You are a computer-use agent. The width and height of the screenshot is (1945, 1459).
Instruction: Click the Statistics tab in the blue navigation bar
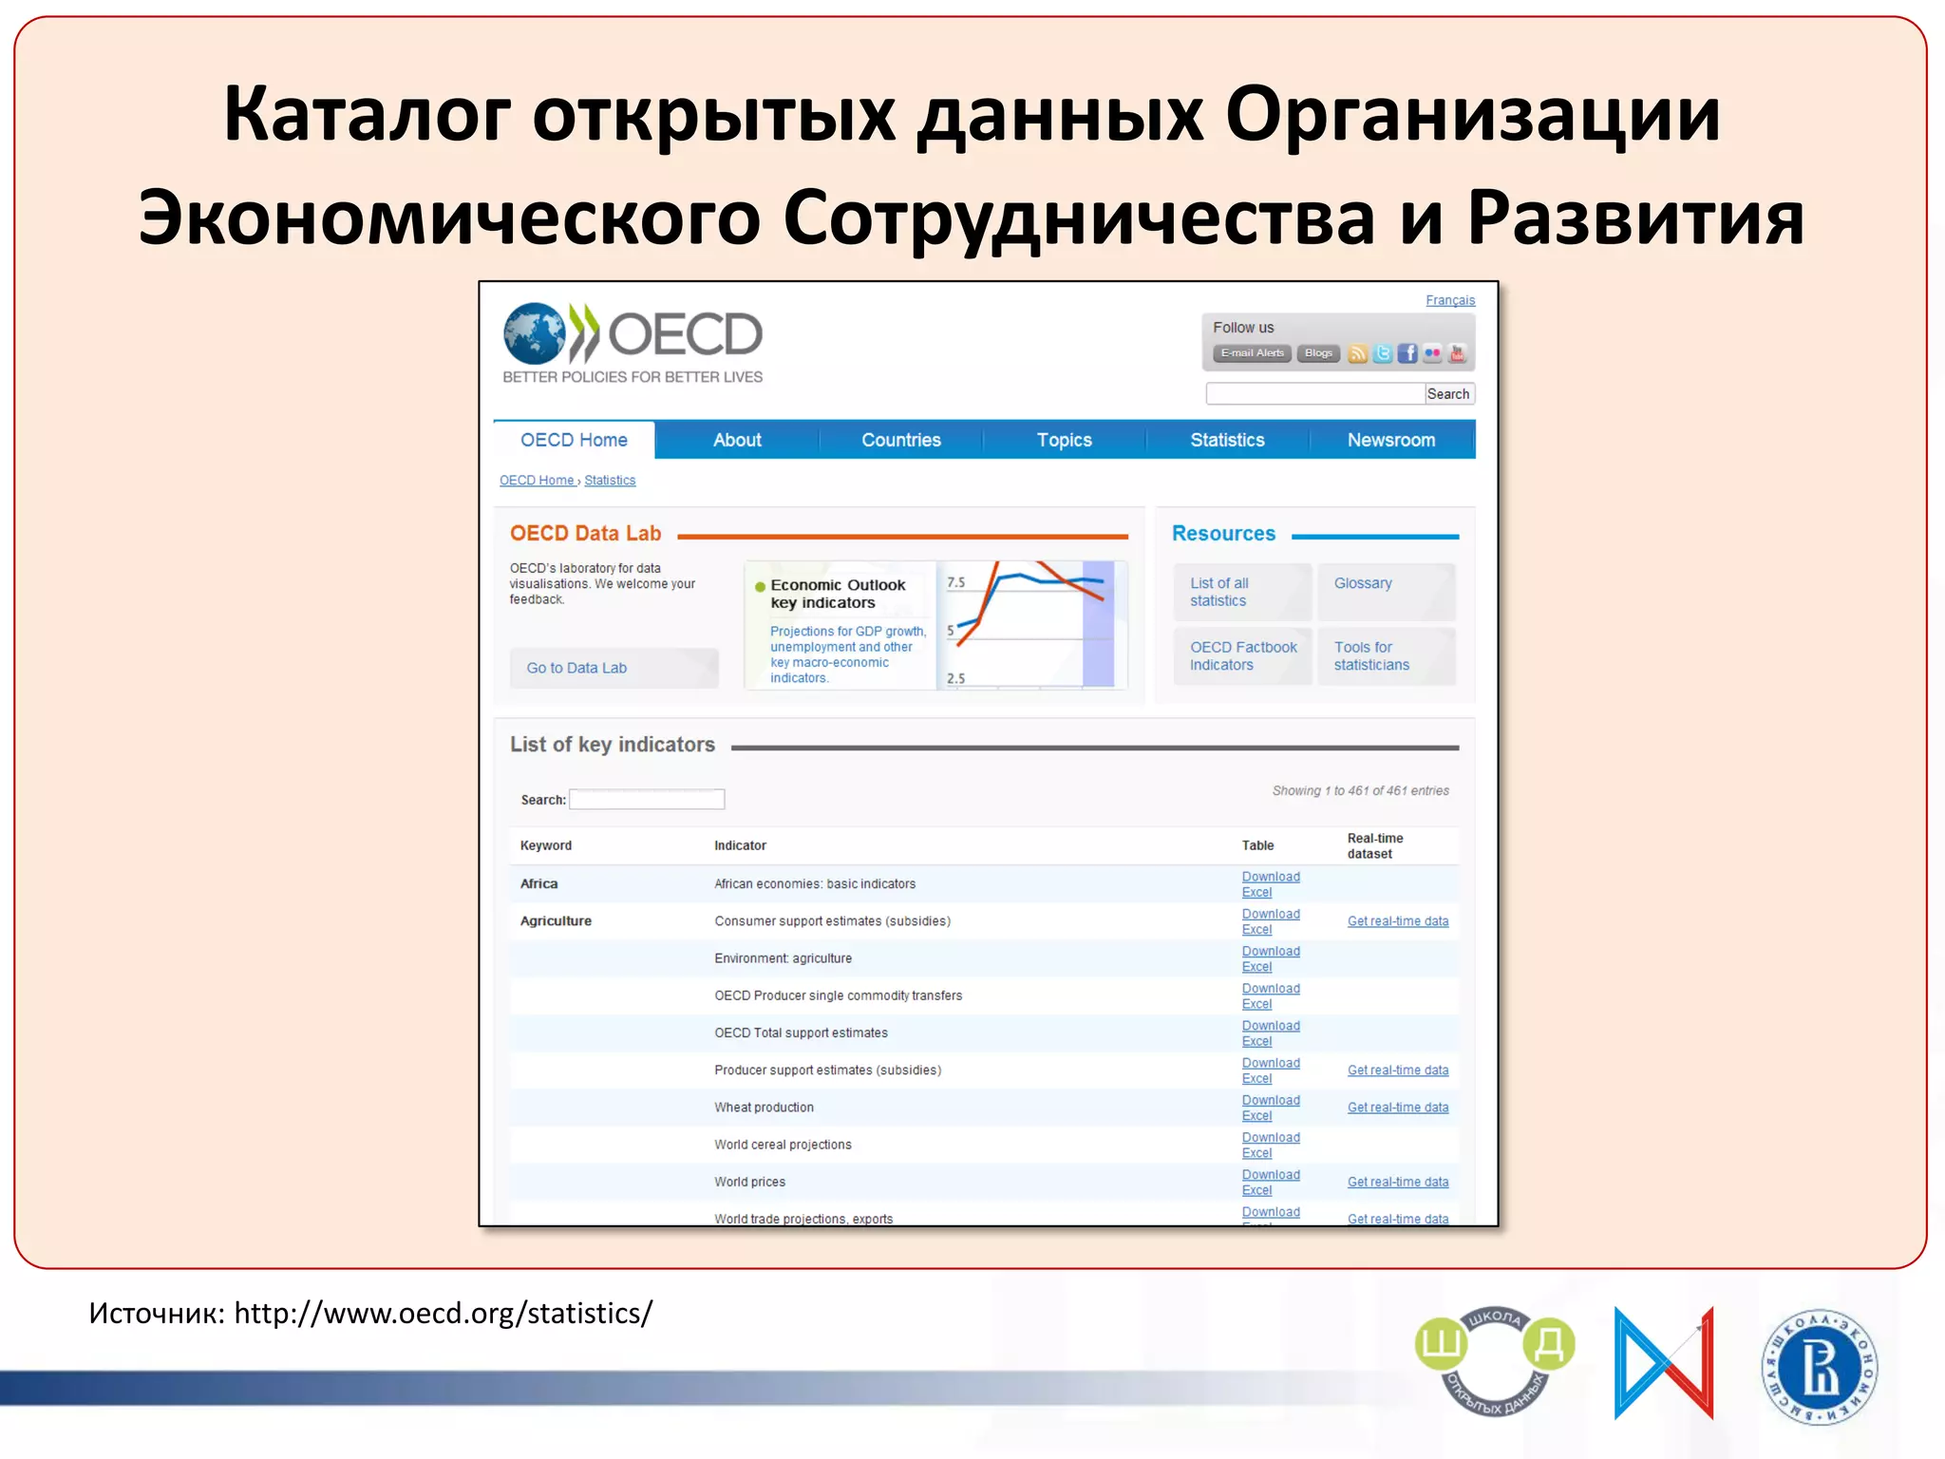(x=1227, y=440)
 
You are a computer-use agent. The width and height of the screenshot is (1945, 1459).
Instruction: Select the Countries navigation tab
(x=900, y=440)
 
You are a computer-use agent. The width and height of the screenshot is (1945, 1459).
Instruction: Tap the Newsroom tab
(x=1390, y=440)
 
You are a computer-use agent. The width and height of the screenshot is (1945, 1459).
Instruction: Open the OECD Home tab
(x=574, y=440)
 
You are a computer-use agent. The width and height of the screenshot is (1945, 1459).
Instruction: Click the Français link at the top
(x=1449, y=300)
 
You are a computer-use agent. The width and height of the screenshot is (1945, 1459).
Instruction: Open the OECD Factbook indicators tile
(x=1242, y=655)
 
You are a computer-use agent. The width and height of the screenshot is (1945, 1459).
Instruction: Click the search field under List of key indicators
(x=647, y=800)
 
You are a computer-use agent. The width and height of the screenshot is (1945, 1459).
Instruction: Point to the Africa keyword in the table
(x=538, y=883)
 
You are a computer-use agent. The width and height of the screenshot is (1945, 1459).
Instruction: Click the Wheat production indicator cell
(x=764, y=1108)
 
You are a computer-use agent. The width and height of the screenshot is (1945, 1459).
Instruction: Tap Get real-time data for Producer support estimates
(x=1397, y=1071)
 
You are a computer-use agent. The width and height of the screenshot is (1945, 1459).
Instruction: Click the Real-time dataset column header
(x=1374, y=845)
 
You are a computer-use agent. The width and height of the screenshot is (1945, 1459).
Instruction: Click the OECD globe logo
(x=535, y=333)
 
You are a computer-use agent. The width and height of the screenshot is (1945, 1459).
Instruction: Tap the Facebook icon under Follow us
(x=1407, y=353)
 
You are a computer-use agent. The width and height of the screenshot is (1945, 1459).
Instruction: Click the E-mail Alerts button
(x=1252, y=353)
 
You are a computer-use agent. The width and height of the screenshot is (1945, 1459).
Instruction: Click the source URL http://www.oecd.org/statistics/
(x=443, y=1313)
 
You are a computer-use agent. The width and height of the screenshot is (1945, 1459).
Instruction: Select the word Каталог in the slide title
(x=366, y=114)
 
